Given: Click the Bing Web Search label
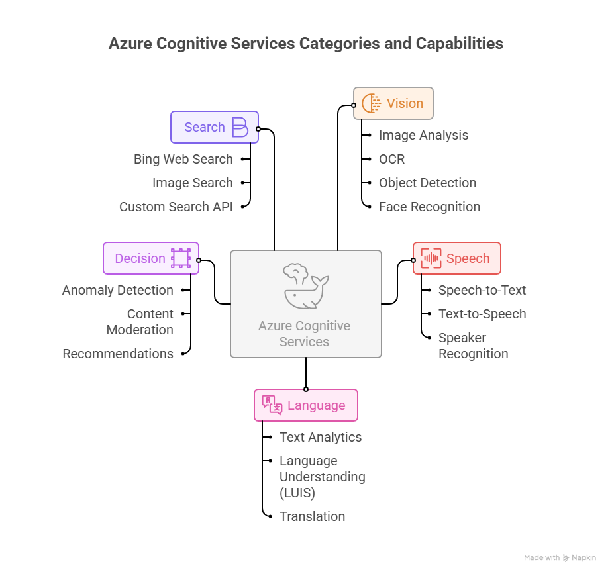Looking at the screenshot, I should click(183, 159).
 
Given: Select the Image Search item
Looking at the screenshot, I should click(193, 183).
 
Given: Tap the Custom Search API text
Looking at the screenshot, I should click(176, 207).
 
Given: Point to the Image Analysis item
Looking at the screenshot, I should click(423, 135).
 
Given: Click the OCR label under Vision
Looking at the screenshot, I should click(391, 159).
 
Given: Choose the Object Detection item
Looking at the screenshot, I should click(427, 183).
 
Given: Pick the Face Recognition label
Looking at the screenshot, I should click(429, 207).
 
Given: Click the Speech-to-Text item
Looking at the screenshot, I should click(482, 290).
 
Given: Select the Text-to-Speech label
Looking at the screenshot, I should click(482, 314).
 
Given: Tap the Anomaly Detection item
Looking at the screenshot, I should click(118, 290).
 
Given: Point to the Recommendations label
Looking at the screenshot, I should click(118, 354).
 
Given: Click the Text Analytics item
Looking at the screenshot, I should click(321, 437).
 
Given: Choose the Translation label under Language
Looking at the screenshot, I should click(312, 516).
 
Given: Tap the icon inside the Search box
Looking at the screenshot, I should click(240, 127).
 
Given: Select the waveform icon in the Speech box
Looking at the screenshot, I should click(431, 258).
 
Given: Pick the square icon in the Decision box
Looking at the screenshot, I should click(180, 258).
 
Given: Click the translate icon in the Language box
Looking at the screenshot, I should click(272, 405).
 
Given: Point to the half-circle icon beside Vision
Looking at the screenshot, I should click(371, 103).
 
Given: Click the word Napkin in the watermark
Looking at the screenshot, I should click(584, 558).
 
